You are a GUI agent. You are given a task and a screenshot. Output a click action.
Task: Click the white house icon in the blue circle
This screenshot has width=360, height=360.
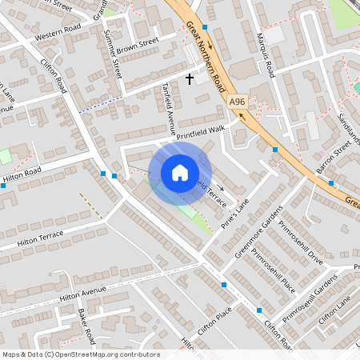tap(180, 172)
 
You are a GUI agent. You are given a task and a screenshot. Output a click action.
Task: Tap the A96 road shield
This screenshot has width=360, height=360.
tap(237, 102)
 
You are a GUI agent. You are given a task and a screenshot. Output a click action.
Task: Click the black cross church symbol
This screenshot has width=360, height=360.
tap(190, 78)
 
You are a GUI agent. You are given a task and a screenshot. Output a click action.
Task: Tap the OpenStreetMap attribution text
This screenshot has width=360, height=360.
tap(81, 354)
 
